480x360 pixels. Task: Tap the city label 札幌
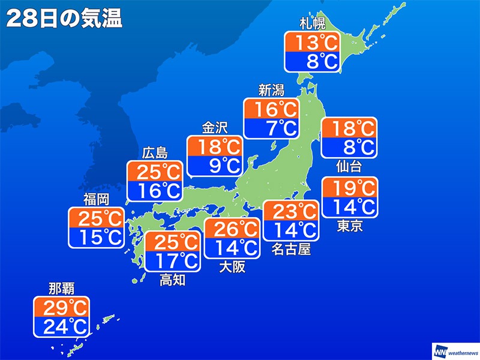click(312, 25)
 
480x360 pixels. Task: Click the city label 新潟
click(271, 91)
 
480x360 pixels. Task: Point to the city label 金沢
click(215, 128)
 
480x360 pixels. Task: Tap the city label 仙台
click(349, 166)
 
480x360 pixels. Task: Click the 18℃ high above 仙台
click(349, 128)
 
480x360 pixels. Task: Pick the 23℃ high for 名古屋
click(291, 211)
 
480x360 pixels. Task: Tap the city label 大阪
click(232, 266)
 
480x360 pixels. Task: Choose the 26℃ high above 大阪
click(232, 229)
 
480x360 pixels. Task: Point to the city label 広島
click(155, 152)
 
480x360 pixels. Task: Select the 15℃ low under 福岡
click(96, 236)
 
